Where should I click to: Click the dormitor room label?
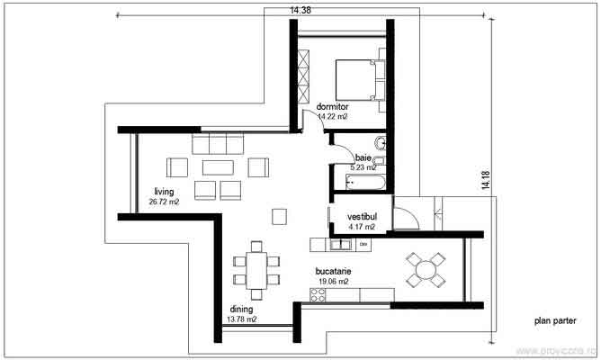click(332, 106)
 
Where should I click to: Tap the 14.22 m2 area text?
click(332, 116)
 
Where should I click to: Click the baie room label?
click(363, 157)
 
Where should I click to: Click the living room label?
click(163, 192)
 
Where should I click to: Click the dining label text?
click(240, 309)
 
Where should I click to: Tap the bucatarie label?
click(333, 270)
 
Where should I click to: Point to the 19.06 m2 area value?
click(333, 281)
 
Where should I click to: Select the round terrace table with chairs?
click(425, 268)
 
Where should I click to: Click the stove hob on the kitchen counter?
click(318, 294)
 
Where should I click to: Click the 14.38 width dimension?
click(300, 10)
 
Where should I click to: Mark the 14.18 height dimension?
click(486, 180)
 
